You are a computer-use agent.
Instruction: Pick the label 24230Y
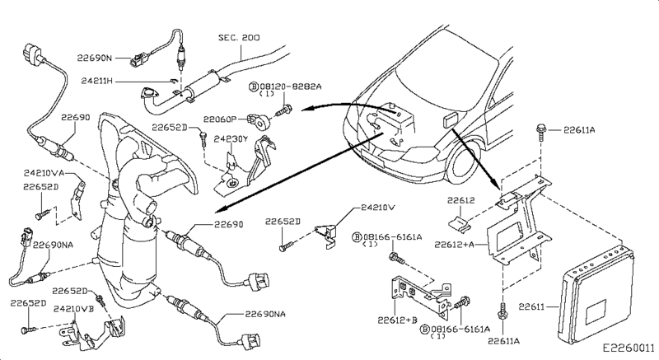[231, 139]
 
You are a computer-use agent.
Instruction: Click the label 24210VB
[72, 308]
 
